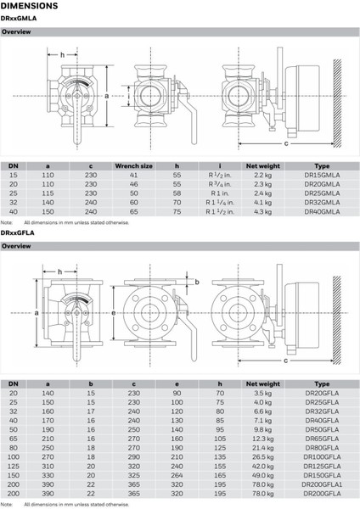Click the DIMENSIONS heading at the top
[x=29, y=6]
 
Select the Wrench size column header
[x=133, y=166]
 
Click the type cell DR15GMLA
[x=322, y=175]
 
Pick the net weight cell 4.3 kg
[x=263, y=211]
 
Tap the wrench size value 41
[x=133, y=175]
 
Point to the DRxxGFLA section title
[x=17, y=232]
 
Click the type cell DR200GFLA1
[x=322, y=484]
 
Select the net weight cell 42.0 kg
[x=263, y=466]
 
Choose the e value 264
[x=177, y=475]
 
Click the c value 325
[x=133, y=475]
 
